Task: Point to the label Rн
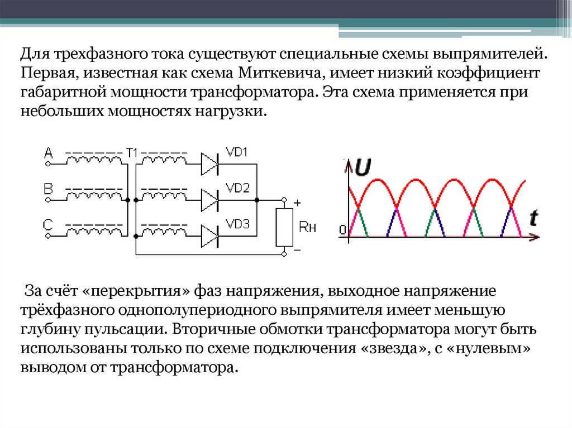click(308, 227)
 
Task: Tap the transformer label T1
click(132, 152)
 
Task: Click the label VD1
click(237, 153)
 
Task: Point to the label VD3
click(237, 224)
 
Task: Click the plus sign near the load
click(297, 203)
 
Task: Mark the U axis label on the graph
click(362, 167)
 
